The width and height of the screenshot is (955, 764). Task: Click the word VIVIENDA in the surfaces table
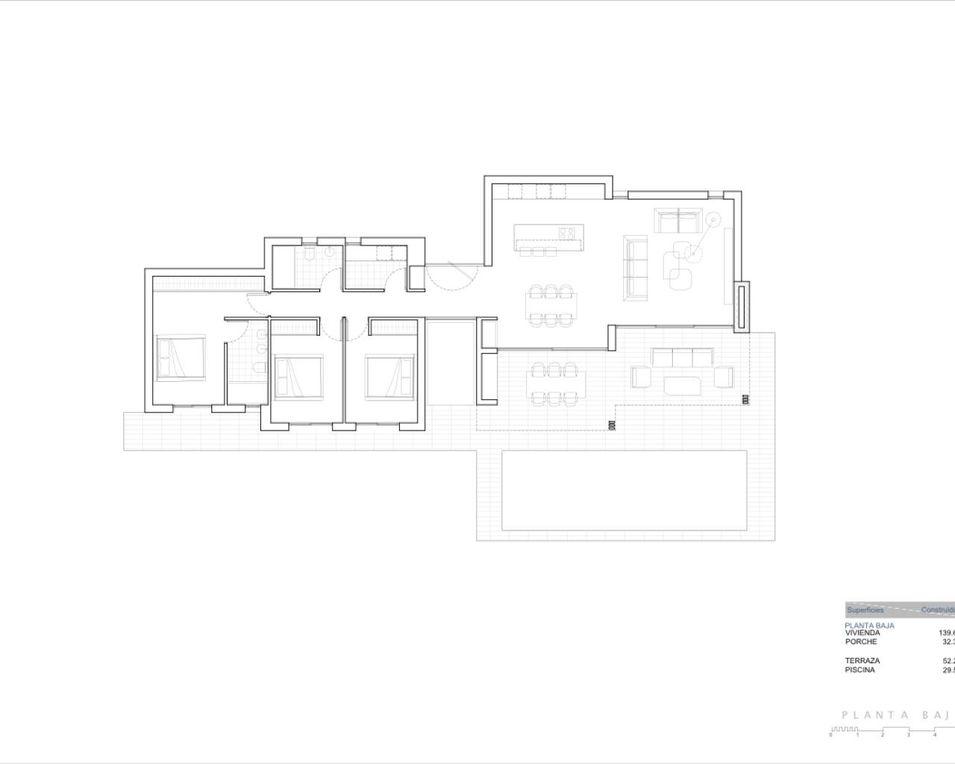(862, 633)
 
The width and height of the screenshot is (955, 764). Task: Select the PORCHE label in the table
(861, 642)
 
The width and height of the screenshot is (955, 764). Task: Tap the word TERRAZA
(862, 660)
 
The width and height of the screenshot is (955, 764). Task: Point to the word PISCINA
(860, 669)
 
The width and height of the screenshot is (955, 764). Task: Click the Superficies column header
(865, 610)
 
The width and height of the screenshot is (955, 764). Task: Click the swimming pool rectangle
(624, 489)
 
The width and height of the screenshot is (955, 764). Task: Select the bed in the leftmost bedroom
(180, 358)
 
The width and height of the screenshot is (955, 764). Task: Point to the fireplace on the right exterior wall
(742, 306)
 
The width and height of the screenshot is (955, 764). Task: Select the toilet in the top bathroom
(309, 255)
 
